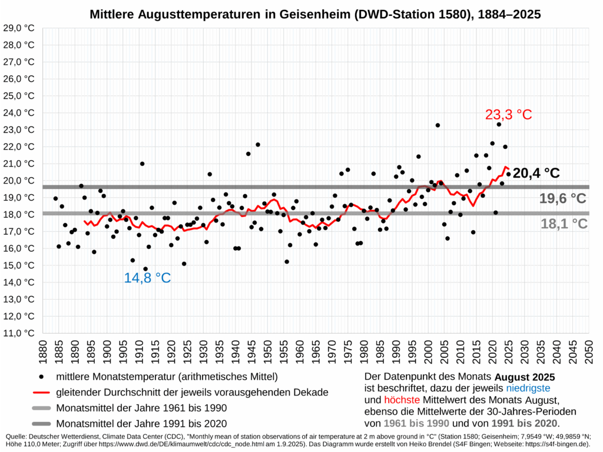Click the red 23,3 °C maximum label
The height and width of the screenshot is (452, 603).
point(508,115)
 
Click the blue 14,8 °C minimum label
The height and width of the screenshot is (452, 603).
point(147,278)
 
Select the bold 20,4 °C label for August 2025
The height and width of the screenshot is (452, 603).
point(536,173)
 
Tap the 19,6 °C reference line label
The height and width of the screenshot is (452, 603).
point(563,198)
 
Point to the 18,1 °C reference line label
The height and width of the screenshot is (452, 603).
point(564,224)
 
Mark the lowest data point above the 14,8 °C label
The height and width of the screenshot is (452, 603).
point(145,269)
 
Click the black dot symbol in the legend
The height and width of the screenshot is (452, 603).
point(41,376)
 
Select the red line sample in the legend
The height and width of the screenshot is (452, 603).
point(41,392)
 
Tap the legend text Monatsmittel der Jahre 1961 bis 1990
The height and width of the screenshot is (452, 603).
point(141,408)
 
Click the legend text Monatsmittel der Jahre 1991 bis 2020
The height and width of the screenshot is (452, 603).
point(141,423)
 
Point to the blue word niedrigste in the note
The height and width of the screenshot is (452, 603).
point(528,388)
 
